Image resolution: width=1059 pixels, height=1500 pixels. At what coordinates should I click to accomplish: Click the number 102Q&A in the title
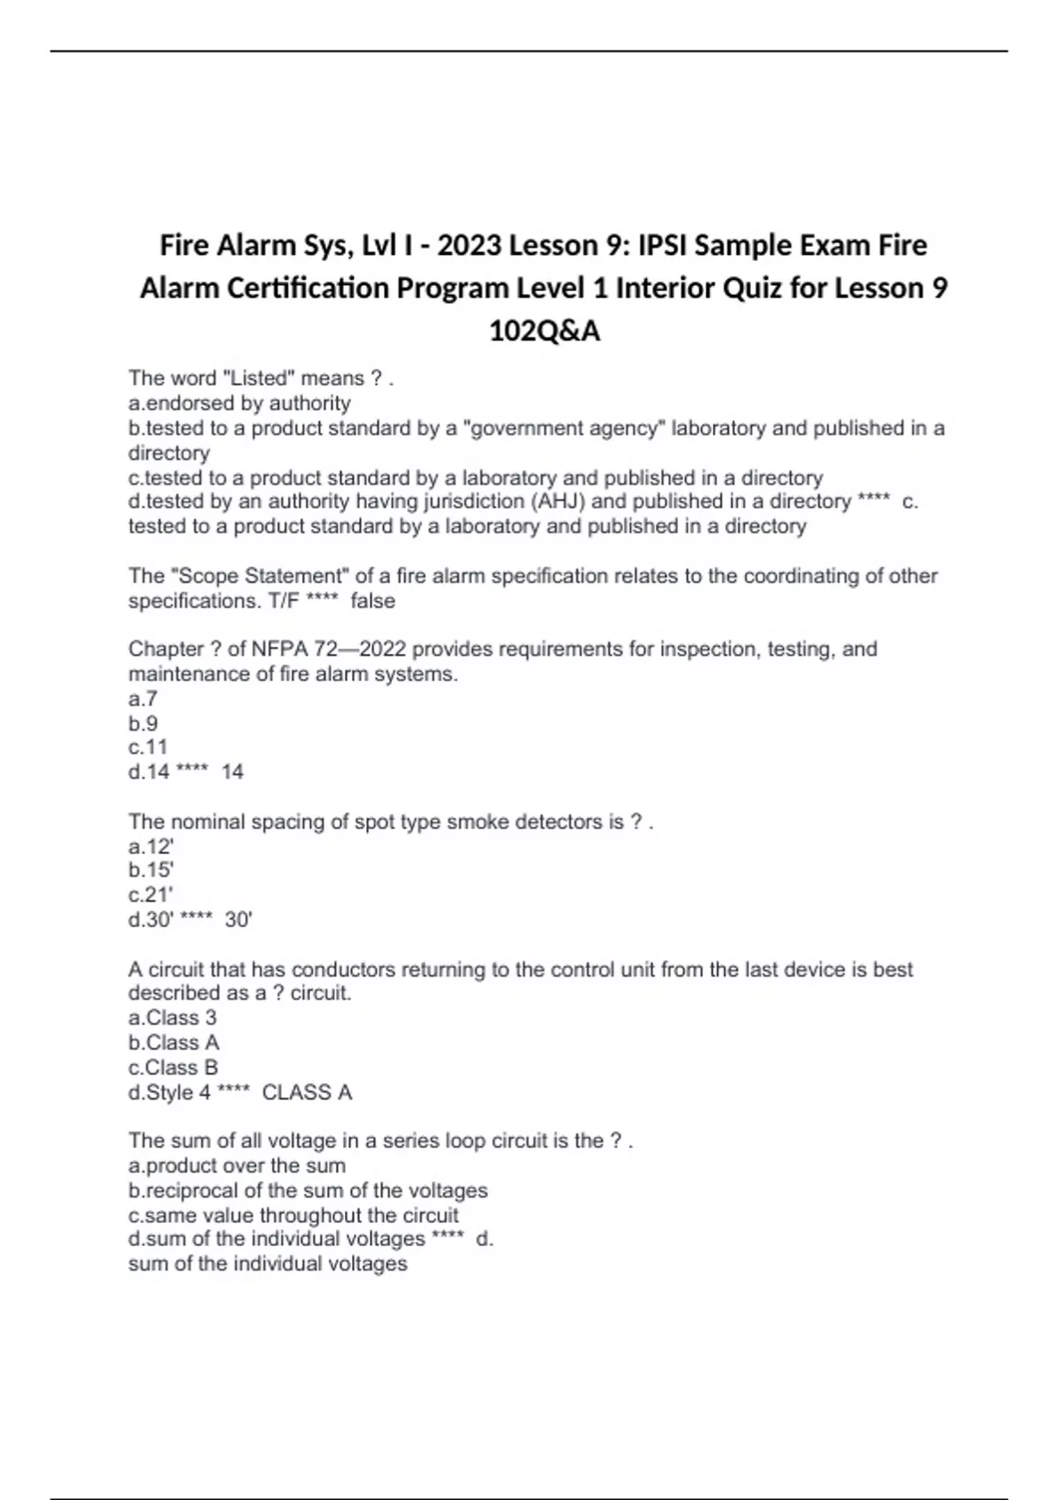click(545, 331)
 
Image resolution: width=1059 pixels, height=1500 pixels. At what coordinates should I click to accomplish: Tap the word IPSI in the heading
click(662, 245)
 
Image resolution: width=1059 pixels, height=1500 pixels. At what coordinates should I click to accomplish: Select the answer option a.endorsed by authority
click(239, 403)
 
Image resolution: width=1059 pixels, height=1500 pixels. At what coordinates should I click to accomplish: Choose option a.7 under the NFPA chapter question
click(143, 700)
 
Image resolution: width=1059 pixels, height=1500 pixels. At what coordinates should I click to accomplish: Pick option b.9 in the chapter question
click(143, 724)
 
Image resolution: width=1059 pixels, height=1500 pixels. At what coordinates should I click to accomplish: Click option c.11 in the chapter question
click(147, 747)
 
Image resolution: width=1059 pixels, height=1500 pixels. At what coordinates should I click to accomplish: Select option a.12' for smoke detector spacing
click(151, 847)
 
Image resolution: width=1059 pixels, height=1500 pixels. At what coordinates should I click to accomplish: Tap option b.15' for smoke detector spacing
click(151, 871)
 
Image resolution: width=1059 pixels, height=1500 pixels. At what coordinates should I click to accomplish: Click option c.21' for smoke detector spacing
click(151, 895)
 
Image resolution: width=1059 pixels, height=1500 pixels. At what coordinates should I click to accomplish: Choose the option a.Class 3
click(172, 1017)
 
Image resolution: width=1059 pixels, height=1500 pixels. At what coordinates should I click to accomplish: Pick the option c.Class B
click(173, 1067)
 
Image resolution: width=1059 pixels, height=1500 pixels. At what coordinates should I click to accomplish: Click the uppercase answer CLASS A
click(307, 1092)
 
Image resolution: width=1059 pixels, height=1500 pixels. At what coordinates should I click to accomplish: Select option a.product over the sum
click(237, 1166)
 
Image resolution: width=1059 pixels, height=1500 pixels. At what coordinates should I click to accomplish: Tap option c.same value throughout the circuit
click(293, 1215)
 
